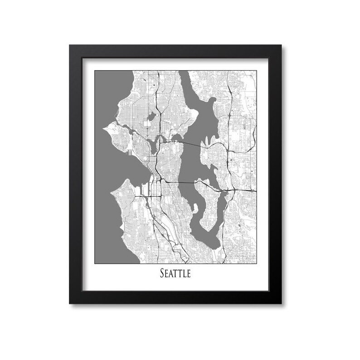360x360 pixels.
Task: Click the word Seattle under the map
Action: [175, 274]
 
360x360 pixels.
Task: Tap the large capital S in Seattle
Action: [162, 274]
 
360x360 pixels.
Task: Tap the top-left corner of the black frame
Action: [69, 45]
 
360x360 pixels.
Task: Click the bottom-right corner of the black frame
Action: [282, 303]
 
